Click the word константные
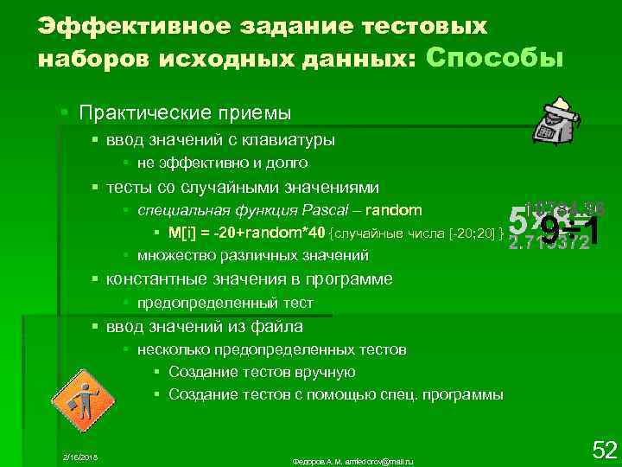(151, 279)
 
